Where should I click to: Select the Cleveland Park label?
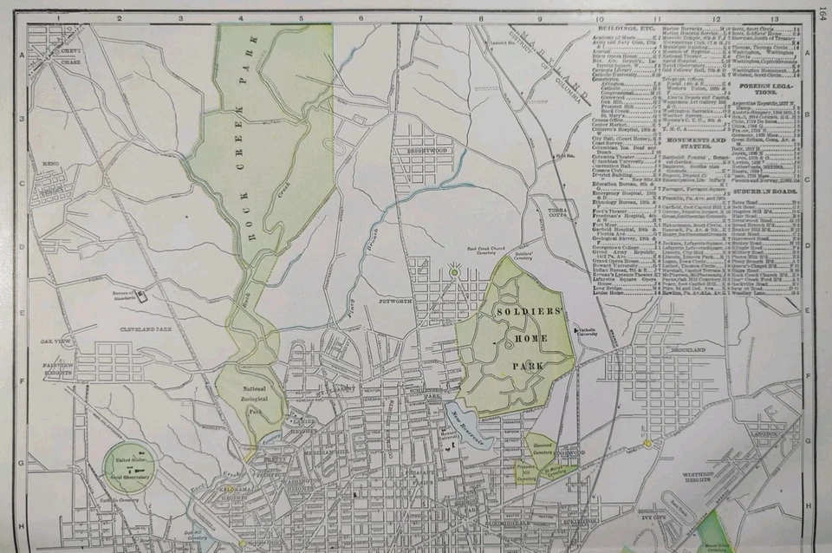tap(143, 329)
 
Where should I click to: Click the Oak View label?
tap(54, 342)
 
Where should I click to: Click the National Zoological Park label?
tap(254, 400)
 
